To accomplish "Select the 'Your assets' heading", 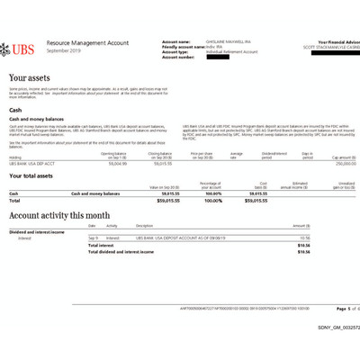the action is tap(31, 79).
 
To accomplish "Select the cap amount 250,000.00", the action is tap(335, 164).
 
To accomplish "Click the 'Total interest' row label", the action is tap(101, 245).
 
